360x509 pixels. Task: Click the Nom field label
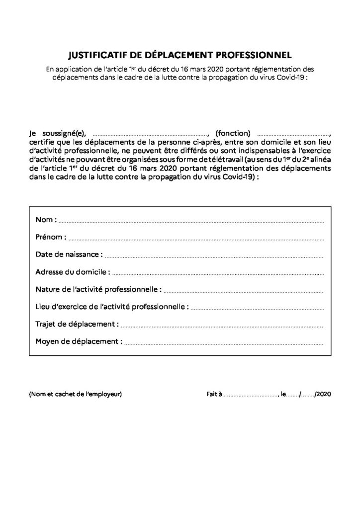[x=46, y=220]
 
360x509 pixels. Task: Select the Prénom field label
[x=50, y=237]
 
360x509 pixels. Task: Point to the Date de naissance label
[x=69, y=254]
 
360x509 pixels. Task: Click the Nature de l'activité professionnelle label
[x=98, y=289]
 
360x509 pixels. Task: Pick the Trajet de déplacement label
[x=77, y=324]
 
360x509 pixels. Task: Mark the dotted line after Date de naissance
[x=215, y=256]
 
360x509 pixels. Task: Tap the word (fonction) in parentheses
[x=234, y=133]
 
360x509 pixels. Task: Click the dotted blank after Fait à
[x=251, y=396]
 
